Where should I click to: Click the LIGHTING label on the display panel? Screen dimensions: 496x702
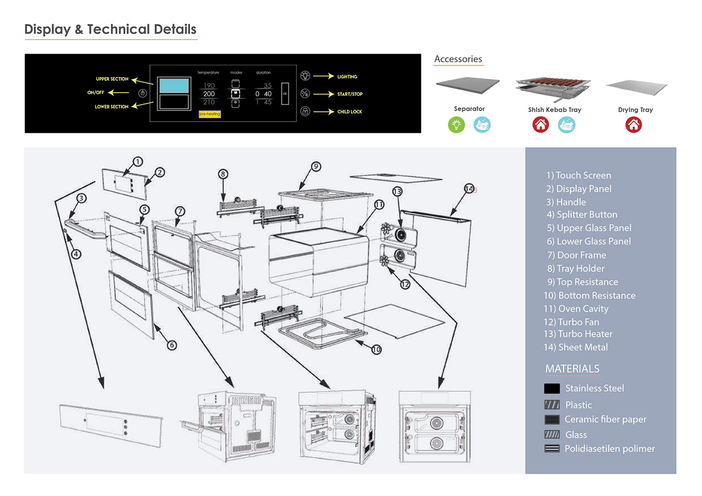click(x=347, y=77)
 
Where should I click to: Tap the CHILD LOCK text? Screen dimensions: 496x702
click(x=349, y=112)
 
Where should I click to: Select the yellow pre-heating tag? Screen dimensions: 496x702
click(x=210, y=114)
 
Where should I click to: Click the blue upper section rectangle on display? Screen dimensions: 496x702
click(x=174, y=86)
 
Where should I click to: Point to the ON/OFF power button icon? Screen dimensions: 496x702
click(x=142, y=93)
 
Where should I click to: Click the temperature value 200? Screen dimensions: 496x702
click(x=209, y=94)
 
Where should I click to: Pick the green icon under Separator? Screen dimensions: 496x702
click(x=456, y=125)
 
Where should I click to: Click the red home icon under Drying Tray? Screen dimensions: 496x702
click(x=634, y=125)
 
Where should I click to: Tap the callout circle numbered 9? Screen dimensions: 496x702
click(x=315, y=166)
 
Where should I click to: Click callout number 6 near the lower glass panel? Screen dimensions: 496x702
click(x=172, y=345)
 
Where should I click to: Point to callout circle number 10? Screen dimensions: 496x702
click(x=377, y=350)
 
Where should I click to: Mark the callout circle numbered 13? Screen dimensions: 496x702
click(x=397, y=191)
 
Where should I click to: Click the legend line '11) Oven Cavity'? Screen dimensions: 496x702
click(x=576, y=309)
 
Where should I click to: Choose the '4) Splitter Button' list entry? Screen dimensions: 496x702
click(x=582, y=214)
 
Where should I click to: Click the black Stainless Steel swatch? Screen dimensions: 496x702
click(x=552, y=388)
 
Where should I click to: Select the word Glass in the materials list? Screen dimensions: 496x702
click(x=576, y=435)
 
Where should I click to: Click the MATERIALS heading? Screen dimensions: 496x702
click(x=572, y=369)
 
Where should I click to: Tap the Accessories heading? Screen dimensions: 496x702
click(x=458, y=59)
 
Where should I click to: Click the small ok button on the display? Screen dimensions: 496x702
click(x=285, y=94)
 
